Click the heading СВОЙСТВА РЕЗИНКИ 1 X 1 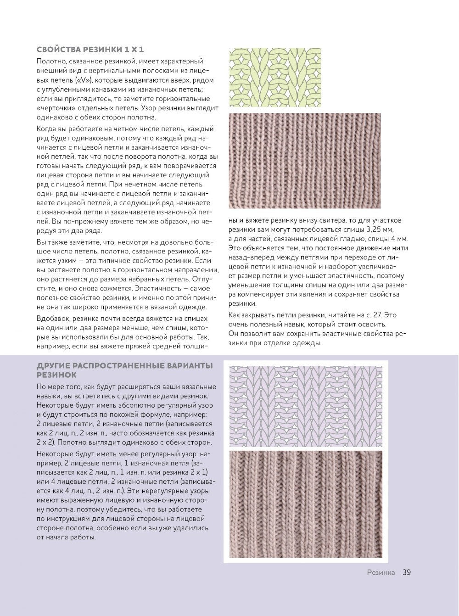(x=90, y=50)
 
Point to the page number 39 (x=406, y=572)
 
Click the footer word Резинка (x=381, y=572)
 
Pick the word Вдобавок (x=52, y=319)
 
